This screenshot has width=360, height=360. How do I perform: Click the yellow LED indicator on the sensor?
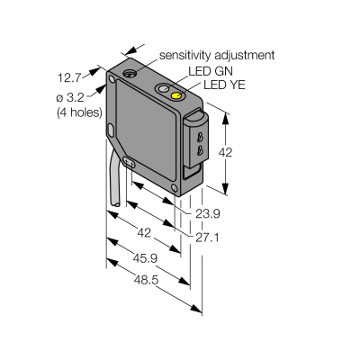coord(175,95)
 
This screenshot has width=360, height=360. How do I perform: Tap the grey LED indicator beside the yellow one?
coord(163,89)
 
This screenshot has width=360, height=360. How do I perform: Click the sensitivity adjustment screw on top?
coord(130,73)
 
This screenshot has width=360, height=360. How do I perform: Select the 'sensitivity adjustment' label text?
coord(217,55)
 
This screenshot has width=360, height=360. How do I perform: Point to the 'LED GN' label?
coord(211,71)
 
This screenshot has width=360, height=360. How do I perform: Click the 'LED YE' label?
coord(224,85)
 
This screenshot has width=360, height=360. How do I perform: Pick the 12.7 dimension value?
coord(69,78)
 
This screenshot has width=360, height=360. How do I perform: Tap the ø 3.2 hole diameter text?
coord(70,97)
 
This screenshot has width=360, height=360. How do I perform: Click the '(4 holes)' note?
coord(79,112)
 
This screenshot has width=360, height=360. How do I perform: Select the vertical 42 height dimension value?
coord(225,152)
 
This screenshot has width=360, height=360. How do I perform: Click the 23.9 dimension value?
coord(208,214)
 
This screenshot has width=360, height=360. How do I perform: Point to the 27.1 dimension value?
coord(207,238)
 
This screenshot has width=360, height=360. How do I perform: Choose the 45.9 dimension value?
coord(145,258)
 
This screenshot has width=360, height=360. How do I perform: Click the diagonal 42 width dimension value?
coord(144,232)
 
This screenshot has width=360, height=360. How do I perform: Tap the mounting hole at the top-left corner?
coord(112,79)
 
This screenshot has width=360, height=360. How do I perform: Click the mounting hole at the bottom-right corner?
coord(174,188)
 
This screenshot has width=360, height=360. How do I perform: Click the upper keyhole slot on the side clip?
coord(198,138)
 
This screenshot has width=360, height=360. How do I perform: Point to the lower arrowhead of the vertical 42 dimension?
coord(226,188)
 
